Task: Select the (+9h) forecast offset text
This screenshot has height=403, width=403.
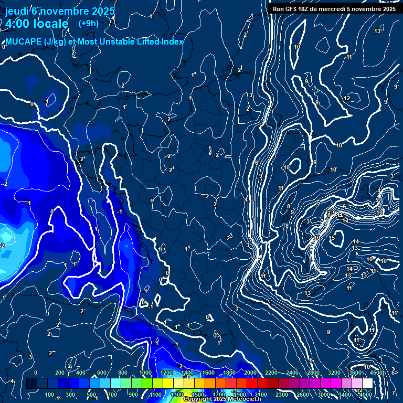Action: (88, 23)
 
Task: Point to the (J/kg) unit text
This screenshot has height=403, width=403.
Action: (55, 42)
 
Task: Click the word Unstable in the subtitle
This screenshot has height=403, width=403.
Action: (123, 42)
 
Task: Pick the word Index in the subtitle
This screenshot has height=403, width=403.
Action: (173, 42)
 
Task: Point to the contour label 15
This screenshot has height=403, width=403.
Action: (332, 238)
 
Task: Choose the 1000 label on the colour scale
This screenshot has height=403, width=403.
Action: (145, 373)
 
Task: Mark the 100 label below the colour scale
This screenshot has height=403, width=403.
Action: (49, 395)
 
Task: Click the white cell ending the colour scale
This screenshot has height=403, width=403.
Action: (367, 384)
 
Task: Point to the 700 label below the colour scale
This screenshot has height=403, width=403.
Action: (113, 395)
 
